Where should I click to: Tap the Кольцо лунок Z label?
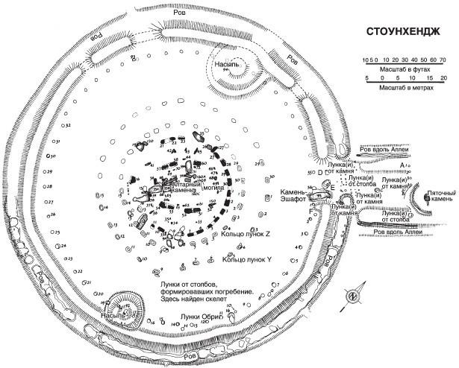pyautogui.click(x=247, y=235)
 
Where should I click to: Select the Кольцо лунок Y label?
pyautogui.click(x=247, y=260)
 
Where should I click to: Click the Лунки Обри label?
pyautogui.click(x=202, y=316)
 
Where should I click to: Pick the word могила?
pyautogui.click(x=197, y=188)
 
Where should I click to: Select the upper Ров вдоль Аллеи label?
pyautogui.click(x=389, y=148)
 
